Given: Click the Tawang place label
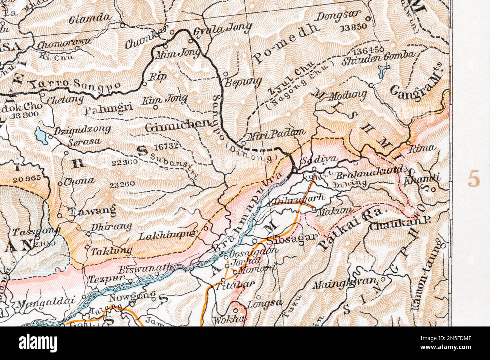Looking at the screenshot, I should click(x=92, y=211).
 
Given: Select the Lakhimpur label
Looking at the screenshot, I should click(x=168, y=236).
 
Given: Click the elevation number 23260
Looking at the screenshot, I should click(x=122, y=185).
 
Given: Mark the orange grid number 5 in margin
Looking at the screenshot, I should click(x=474, y=178).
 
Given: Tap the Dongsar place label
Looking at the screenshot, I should click(x=338, y=16).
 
